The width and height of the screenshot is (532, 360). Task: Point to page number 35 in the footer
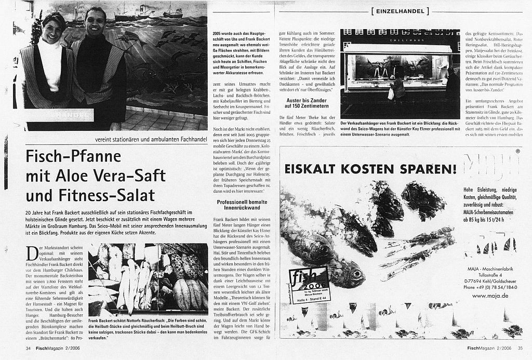pyautogui.click(x=520, y=348)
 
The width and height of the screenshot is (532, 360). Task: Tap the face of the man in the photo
pyautogui.click(x=96, y=23)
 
